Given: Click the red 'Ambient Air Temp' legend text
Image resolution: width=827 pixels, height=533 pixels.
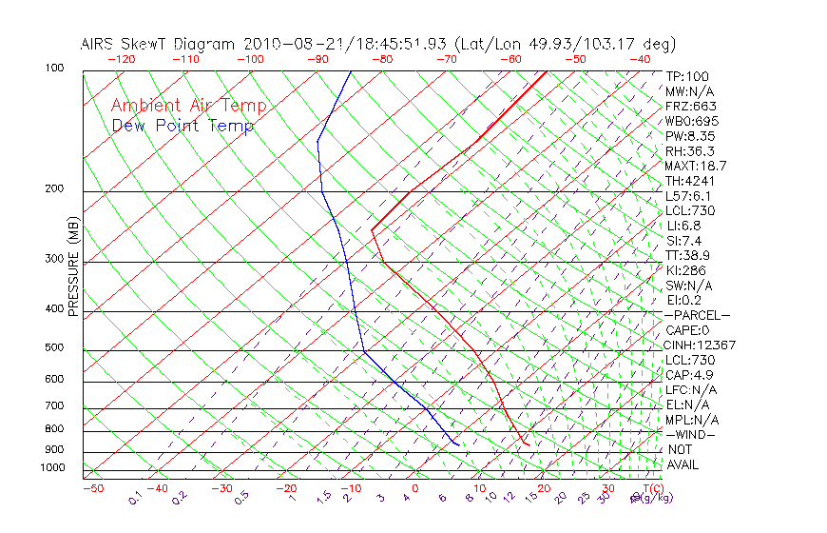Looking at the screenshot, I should point(189,106).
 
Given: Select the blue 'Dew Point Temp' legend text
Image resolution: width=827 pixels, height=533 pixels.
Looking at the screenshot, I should point(183,127).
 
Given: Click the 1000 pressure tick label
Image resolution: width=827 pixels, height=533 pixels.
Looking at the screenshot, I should point(53,468).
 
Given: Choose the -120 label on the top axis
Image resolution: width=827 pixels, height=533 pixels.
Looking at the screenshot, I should point(121,59).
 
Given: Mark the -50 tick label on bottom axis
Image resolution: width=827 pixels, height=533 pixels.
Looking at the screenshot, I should point(92,488).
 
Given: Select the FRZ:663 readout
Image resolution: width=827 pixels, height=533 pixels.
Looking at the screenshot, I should point(691,107).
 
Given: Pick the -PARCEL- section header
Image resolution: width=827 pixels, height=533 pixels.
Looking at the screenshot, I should point(698,315).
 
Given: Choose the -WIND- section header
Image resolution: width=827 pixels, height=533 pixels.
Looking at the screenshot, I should point(691,434).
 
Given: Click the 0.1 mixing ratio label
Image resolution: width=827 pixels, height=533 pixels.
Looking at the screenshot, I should point(134,498).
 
